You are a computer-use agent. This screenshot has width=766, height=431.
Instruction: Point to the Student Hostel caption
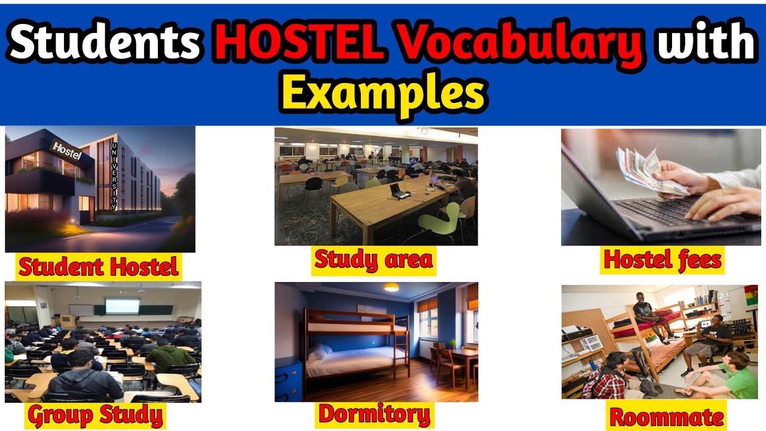(99, 266)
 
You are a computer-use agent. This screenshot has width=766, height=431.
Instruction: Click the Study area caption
(373, 260)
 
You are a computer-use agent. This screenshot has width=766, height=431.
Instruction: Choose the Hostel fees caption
(662, 260)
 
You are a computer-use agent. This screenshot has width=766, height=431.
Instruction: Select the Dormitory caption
(374, 414)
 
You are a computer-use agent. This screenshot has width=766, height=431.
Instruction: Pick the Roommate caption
(665, 417)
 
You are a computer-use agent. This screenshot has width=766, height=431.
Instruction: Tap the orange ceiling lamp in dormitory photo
(391, 287)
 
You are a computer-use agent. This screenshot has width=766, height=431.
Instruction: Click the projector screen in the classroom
(122, 306)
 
